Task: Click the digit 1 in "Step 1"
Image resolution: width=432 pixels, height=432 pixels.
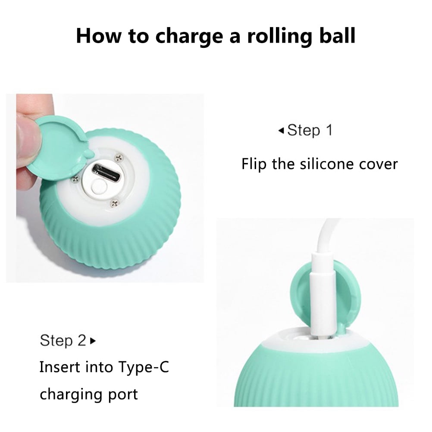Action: (x=329, y=130)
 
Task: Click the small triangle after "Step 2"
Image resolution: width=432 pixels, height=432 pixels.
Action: (x=93, y=341)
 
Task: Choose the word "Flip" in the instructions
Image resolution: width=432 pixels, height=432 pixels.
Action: (x=254, y=164)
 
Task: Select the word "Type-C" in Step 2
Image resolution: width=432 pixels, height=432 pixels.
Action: (x=143, y=367)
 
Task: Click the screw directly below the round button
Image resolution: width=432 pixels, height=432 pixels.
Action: (x=114, y=203)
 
